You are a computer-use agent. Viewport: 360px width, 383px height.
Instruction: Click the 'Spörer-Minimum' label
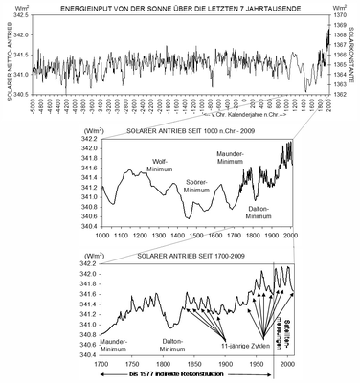194,185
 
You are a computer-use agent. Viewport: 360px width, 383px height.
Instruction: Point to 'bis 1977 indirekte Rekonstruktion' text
179,377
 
